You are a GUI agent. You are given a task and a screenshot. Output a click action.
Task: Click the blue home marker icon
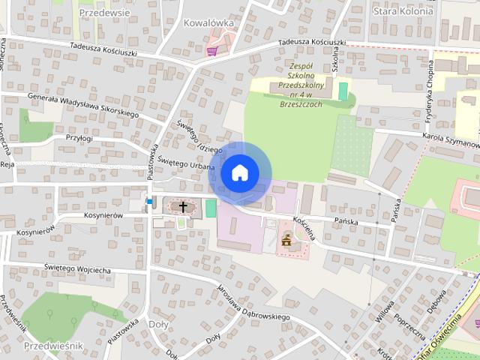coord(239,173)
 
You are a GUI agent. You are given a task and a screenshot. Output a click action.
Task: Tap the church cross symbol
coord(182,205)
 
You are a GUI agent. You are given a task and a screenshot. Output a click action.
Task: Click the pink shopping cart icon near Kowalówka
coord(212,51)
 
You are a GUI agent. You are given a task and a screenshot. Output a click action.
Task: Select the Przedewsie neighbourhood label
coord(104,13)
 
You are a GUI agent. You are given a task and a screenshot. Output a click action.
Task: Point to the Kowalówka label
coord(208,23)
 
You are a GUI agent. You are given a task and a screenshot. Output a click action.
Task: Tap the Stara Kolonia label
coord(403,11)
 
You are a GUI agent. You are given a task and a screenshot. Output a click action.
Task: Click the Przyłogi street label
coord(79,138)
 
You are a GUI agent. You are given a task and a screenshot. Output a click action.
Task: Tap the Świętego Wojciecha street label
coord(77,268)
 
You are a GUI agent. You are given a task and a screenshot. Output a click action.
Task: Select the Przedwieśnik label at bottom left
coord(53,346)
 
